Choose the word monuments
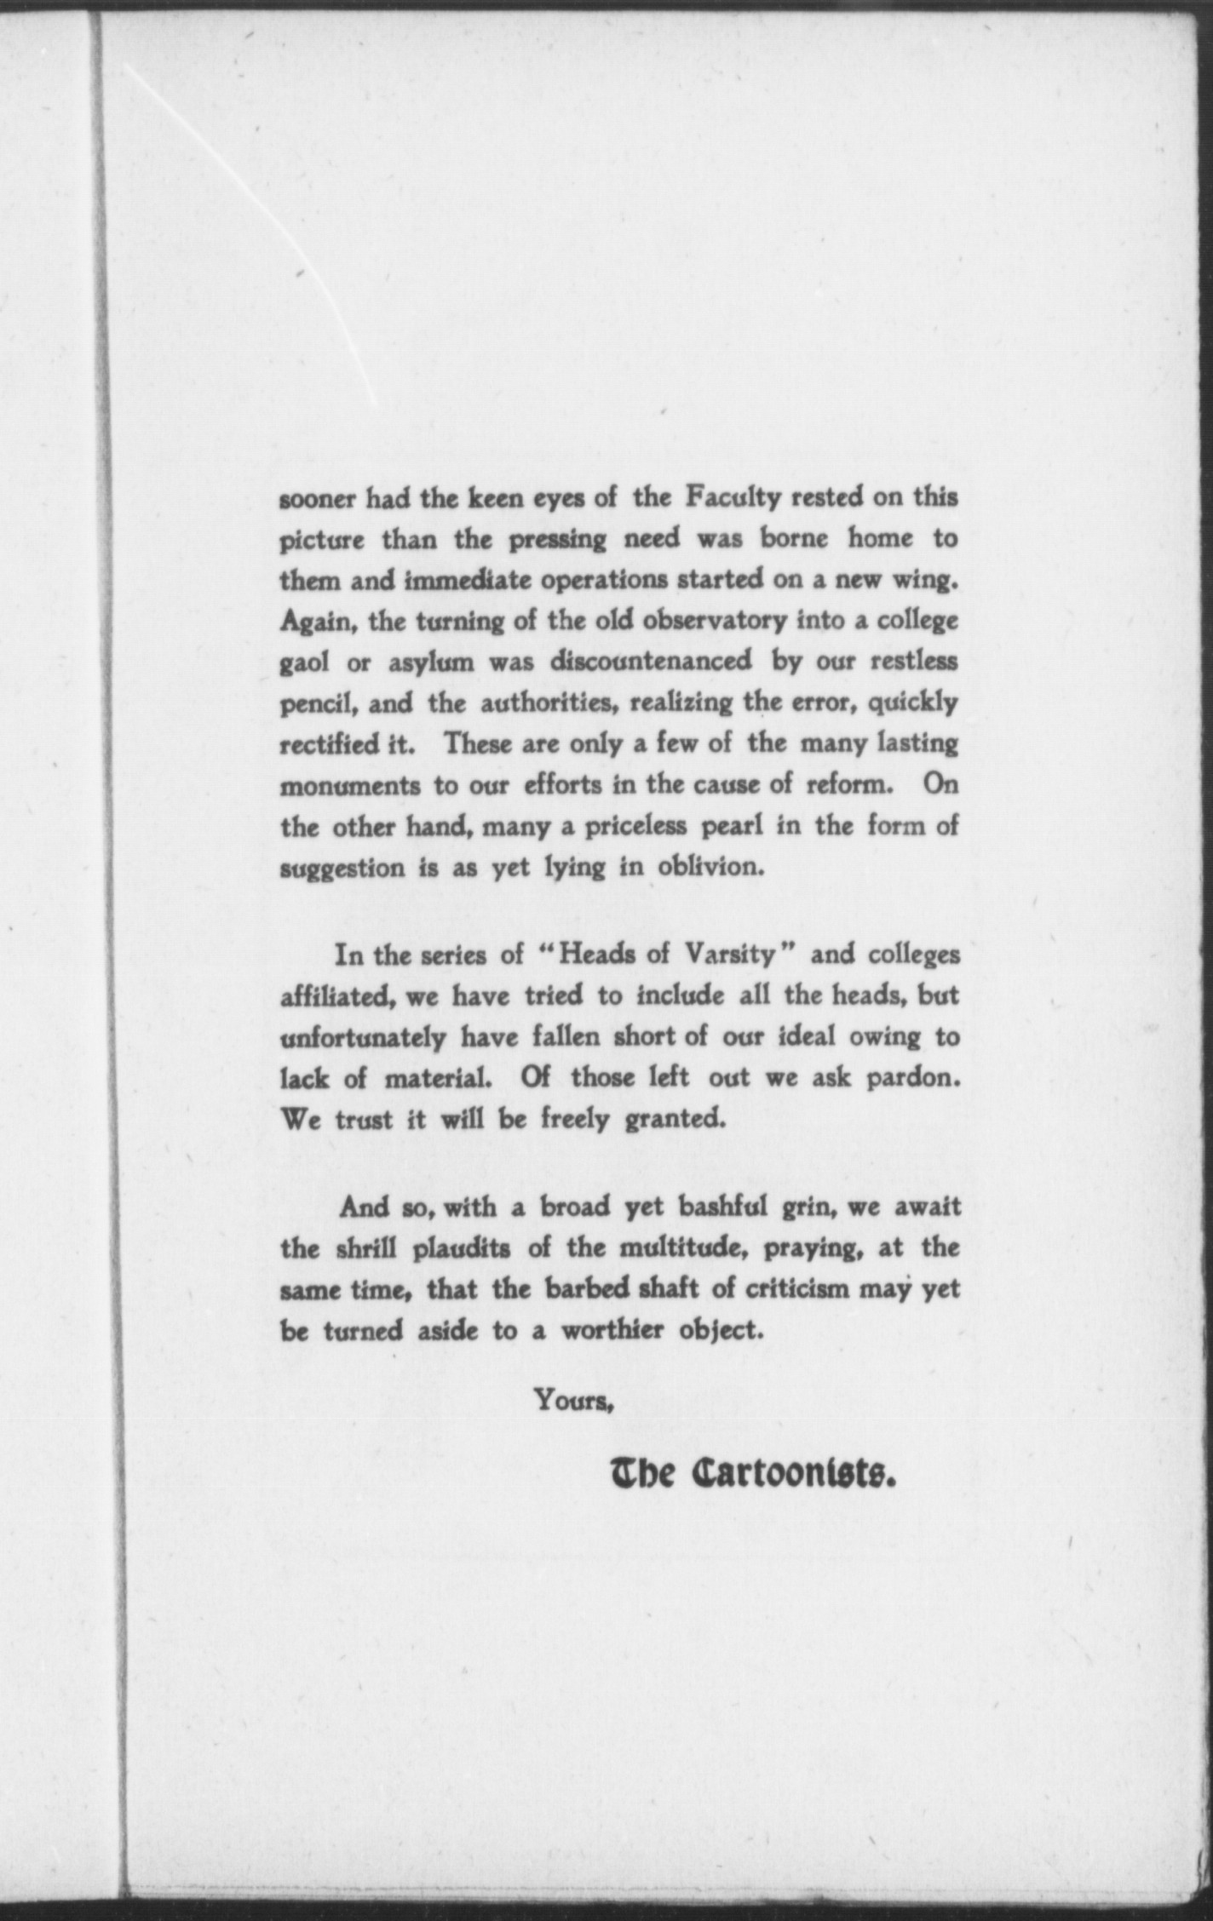(350, 786)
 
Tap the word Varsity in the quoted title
(731, 955)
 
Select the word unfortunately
(363, 1037)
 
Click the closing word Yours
(574, 1399)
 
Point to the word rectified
(333, 745)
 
